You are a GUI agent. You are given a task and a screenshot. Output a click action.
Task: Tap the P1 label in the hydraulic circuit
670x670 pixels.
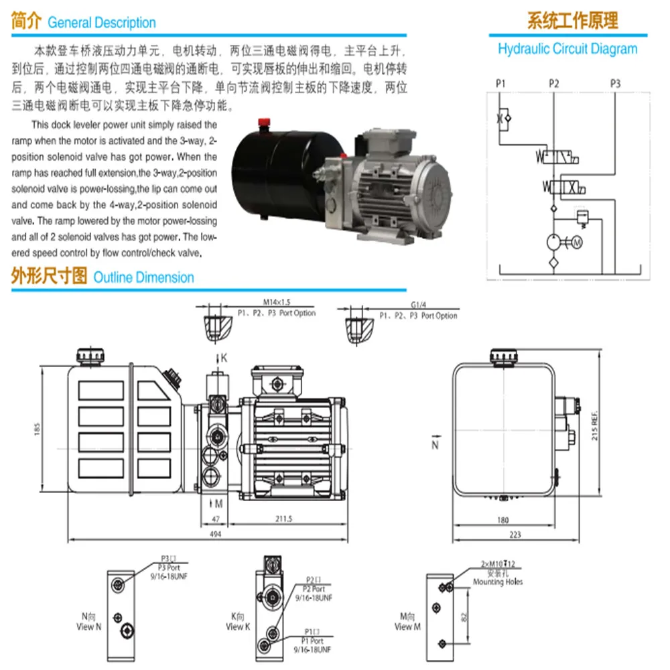pyautogui.click(x=500, y=84)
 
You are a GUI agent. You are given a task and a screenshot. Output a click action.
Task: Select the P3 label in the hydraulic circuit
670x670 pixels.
pyautogui.click(x=615, y=84)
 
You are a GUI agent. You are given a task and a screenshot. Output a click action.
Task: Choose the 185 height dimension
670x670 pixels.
pyautogui.click(x=38, y=426)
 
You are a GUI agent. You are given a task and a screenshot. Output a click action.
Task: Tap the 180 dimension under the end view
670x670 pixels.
pyautogui.click(x=503, y=519)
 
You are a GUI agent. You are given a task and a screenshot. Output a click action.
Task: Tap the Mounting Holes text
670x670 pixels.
pyautogui.click(x=498, y=582)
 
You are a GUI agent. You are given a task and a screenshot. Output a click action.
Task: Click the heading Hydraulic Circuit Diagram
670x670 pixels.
pyautogui.click(x=567, y=49)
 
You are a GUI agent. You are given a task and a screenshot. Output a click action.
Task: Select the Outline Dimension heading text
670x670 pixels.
pyautogui.click(x=143, y=277)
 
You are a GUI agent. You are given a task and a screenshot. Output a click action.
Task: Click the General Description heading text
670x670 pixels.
pyautogui.click(x=102, y=23)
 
